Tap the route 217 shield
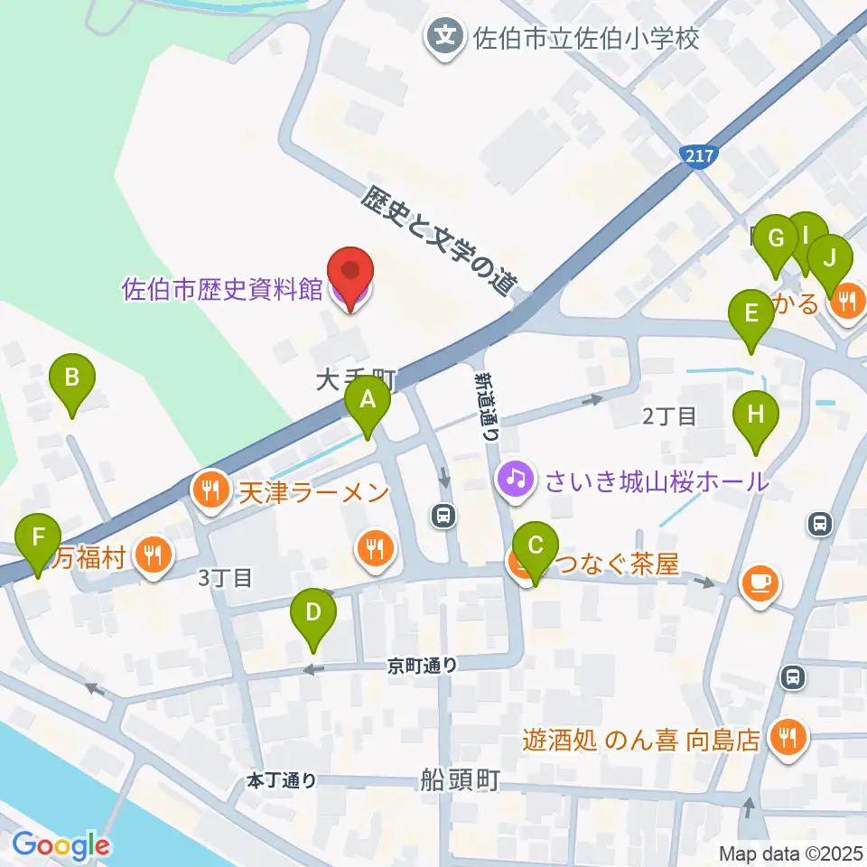coord(698,156)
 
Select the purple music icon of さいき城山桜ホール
coord(515,476)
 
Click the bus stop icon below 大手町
coord(443,516)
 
